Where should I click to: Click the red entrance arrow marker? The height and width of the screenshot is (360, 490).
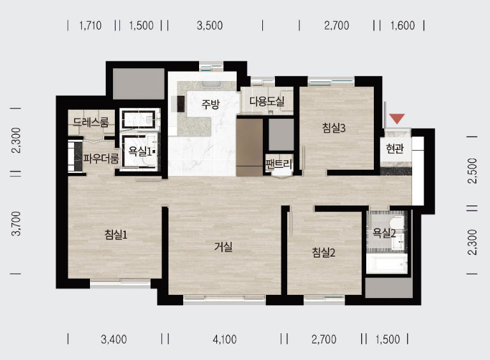pos(397,119)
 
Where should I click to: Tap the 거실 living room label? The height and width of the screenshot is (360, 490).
pos(223,247)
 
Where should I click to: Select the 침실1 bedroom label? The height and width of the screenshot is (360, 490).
pos(116,234)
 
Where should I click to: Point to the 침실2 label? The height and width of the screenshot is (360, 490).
pos(323,252)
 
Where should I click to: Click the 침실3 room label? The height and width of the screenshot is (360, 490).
pos(334,128)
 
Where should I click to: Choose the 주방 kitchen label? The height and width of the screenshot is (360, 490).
pos(211,104)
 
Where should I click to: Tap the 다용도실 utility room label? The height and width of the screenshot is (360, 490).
pos(267,101)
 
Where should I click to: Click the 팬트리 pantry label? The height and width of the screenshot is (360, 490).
pos(279,163)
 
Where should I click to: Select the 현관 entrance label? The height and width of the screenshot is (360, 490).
pos(395,148)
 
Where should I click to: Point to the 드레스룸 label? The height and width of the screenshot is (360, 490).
pos(91,122)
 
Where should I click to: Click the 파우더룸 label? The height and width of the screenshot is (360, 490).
pos(101,159)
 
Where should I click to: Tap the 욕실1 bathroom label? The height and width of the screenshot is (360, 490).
pos(140,151)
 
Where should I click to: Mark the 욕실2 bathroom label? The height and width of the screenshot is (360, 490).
pos(384,233)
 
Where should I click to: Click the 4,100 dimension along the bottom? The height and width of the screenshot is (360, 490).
pos(225,339)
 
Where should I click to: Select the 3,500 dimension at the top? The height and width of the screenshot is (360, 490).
pos(210,26)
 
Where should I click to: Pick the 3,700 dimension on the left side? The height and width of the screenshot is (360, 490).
pos(16,223)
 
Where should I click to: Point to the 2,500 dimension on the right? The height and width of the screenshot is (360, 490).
pos(473,170)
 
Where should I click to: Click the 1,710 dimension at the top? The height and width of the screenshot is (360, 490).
pos(91,26)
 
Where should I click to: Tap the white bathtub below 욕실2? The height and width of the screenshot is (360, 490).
pos(387,264)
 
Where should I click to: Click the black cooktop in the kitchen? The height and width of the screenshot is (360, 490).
pos(181,104)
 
